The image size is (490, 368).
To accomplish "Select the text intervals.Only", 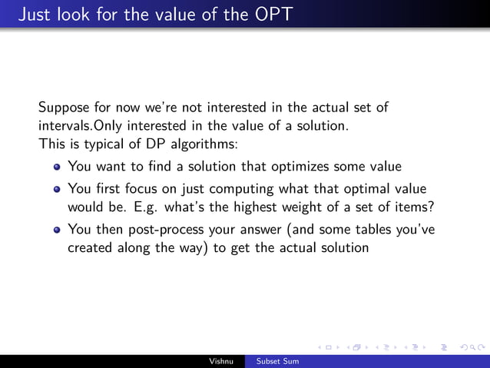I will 81,126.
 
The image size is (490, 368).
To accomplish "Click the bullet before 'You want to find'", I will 57,166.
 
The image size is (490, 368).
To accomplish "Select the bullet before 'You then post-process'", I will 57,229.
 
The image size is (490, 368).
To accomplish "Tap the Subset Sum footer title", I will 277,361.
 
